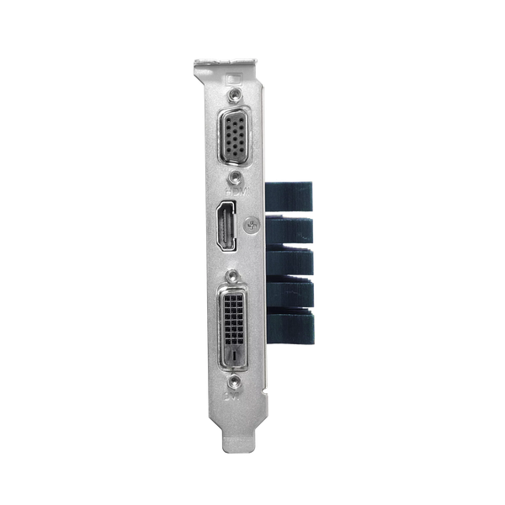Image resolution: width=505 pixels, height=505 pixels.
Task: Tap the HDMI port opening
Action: point(226,226)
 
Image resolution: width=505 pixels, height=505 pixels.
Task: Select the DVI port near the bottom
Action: point(234,325)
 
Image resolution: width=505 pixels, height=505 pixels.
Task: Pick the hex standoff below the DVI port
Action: point(236,380)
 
